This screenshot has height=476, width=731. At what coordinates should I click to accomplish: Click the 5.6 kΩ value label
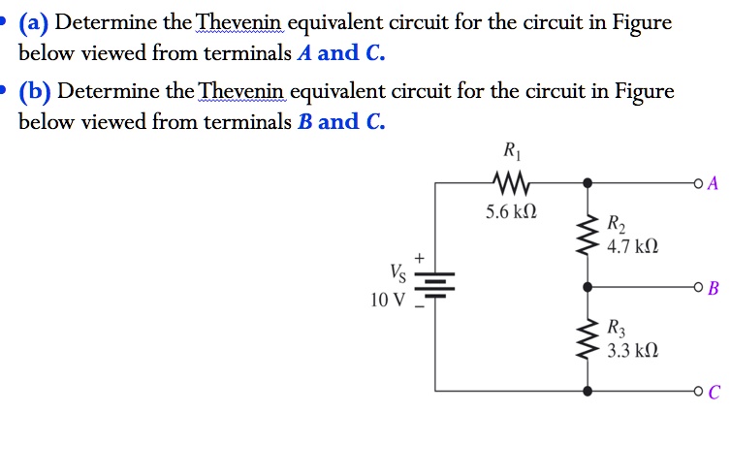pos(510,212)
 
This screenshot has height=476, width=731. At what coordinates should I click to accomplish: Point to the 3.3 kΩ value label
pos(633,350)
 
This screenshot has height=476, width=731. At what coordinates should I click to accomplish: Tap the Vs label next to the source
pos(397,272)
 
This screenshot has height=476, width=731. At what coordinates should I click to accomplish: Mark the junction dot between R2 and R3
pos(587,287)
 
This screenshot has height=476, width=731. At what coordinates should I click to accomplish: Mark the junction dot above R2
pos(587,182)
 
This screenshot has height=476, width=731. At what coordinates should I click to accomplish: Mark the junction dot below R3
pos(587,392)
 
